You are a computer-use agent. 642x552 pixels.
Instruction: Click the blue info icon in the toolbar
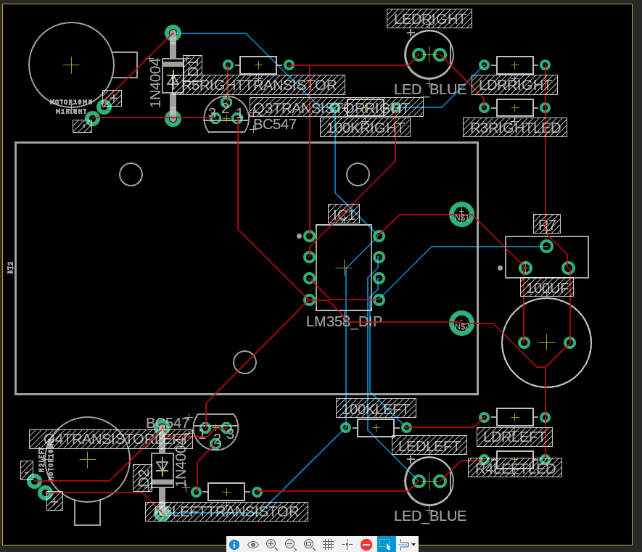(234, 544)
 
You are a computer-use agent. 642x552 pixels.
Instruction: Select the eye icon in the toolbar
(253, 544)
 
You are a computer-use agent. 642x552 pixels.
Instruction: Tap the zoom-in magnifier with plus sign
(272, 544)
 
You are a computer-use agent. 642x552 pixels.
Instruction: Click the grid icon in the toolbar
(328, 544)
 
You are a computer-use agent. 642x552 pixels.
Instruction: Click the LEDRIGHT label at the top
(429, 18)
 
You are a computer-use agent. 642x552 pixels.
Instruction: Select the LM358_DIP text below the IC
(344, 321)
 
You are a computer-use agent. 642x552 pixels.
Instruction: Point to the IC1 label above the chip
(344, 214)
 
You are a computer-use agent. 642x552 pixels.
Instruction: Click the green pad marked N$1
(461, 214)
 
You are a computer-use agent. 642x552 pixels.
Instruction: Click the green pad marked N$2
(461, 324)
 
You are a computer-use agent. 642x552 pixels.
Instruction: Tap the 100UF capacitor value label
(547, 288)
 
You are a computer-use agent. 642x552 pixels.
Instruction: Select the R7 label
(547, 224)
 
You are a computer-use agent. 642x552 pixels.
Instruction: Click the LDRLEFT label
(514, 437)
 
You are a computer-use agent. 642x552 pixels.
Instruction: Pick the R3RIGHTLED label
(515, 128)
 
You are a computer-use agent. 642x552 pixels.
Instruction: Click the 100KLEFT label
(376, 408)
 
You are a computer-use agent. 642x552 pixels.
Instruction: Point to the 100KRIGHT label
(365, 128)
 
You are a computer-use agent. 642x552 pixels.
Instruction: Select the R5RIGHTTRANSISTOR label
(259, 85)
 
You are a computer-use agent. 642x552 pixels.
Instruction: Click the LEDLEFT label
(429, 445)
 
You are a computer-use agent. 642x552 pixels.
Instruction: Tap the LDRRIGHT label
(514, 85)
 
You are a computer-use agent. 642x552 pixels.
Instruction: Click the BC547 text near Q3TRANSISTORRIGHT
(275, 124)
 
